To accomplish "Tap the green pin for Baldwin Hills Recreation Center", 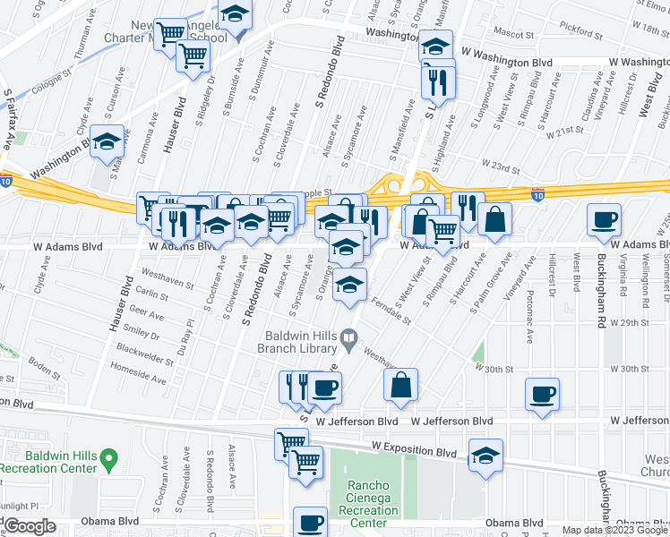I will (109, 460).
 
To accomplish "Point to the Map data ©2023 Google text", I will (614, 530).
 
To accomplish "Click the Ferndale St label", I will (393, 314).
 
